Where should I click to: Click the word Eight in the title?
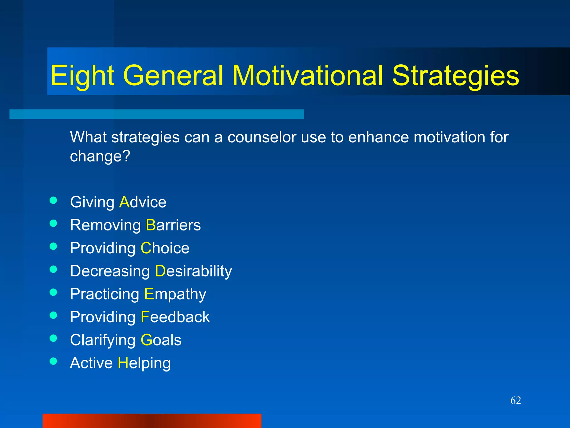82,76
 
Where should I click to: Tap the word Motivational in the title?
308,76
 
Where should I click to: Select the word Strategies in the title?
456,76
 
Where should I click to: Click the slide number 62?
515,400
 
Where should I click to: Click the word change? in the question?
100,156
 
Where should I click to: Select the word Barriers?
173,225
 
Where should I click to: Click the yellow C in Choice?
146,248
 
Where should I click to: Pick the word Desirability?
193,271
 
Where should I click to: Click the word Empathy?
175,294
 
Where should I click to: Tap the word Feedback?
175,317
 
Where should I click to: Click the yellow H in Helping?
123,363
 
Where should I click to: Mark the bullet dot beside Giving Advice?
53,200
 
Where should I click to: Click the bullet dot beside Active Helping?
53,361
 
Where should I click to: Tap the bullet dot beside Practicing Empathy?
53,292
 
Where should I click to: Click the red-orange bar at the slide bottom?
152,421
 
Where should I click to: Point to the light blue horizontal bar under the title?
156,114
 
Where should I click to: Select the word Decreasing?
110,271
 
